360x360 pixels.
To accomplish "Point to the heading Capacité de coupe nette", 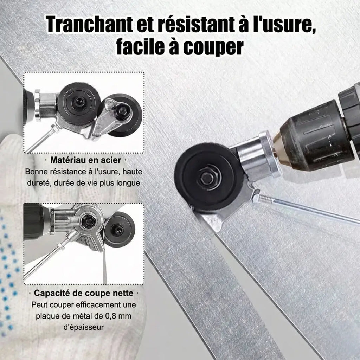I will coord(84,293).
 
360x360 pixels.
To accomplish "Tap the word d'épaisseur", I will coord(83,327).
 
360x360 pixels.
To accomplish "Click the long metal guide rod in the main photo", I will coord(309,211).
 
